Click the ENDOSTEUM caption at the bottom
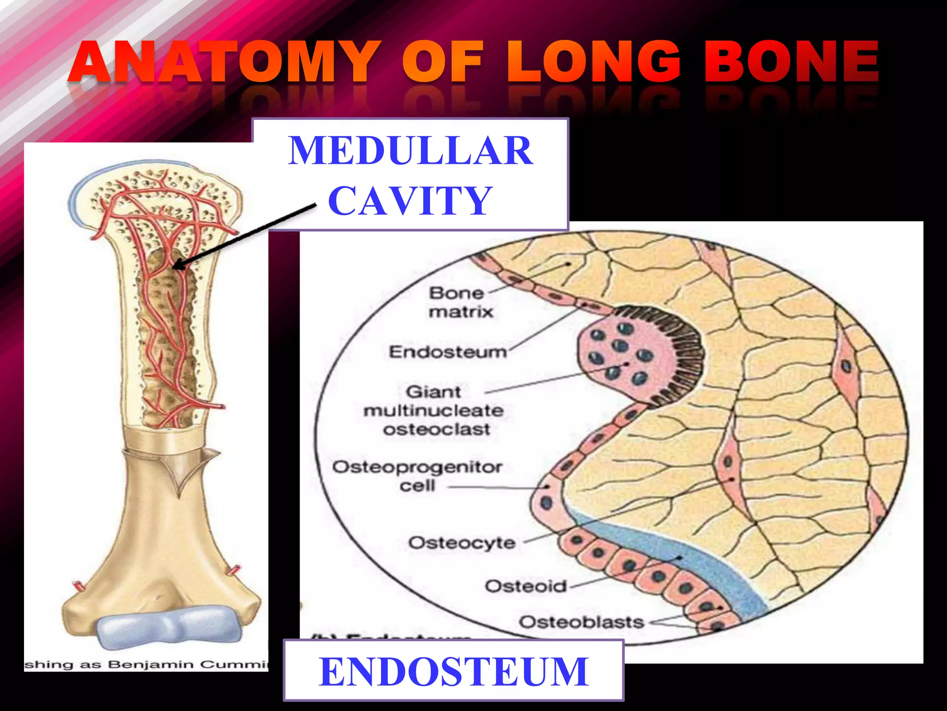coord(454,672)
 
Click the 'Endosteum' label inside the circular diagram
coord(448,352)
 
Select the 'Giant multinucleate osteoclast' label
coord(434,411)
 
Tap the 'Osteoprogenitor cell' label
coord(417,476)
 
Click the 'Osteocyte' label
coord(461,543)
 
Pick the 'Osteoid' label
coord(525,586)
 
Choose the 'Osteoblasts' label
coord(581,622)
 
